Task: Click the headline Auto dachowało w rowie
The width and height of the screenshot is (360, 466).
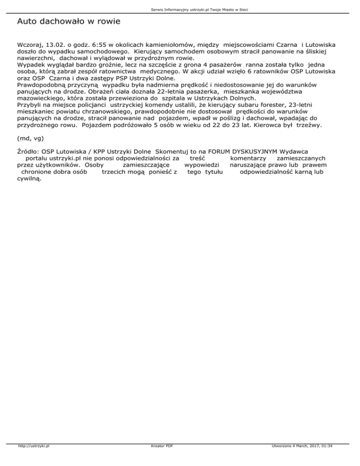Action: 68,22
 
